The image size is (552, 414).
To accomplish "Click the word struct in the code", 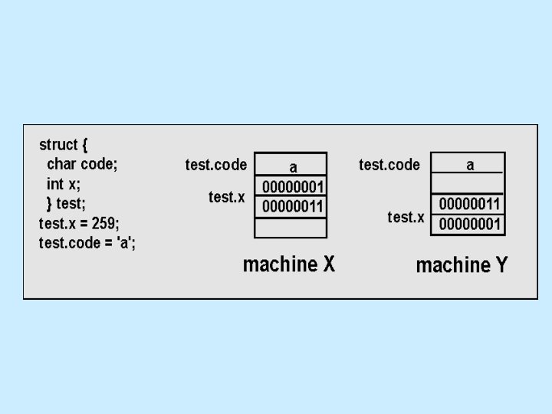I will [x=58, y=145].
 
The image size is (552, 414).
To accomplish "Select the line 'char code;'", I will [x=82, y=164].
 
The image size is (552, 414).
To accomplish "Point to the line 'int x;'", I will [x=64, y=184].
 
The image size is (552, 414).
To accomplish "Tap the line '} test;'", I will [x=66, y=204].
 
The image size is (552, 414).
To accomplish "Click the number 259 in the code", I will [x=104, y=224].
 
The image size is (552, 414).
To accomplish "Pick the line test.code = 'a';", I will [x=87, y=243].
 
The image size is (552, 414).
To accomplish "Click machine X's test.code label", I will [x=216, y=165].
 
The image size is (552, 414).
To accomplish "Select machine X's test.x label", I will [x=227, y=197].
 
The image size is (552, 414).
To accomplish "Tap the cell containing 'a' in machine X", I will [x=292, y=166].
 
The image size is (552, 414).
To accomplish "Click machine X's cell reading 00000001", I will [x=292, y=187].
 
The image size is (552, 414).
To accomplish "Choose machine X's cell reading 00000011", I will [x=292, y=207].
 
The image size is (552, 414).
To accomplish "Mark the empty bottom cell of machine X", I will [x=291, y=228].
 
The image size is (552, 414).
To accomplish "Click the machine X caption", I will [x=289, y=265].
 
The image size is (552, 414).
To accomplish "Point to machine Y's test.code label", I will [x=389, y=165].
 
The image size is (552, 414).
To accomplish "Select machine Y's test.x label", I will [x=406, y=217].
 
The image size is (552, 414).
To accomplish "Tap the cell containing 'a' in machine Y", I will [x=468, y=164].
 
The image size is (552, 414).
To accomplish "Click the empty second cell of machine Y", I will [x=468, y=184].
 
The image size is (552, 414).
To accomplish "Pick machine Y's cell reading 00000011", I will [x=468, y=205].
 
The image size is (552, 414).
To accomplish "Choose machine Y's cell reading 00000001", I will [x=468, y=225].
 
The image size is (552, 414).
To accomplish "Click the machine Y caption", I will [x=462, y=266].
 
